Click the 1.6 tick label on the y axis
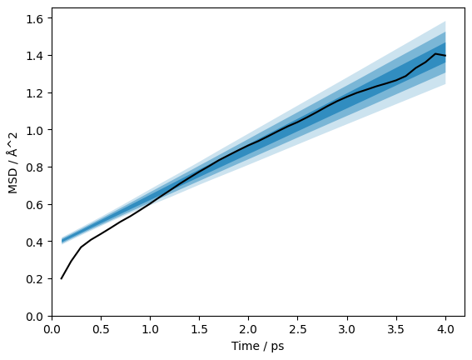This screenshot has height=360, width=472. click(34, 18)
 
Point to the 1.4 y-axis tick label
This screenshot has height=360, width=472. click(34, 56)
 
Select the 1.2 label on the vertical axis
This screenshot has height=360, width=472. click(34, 92)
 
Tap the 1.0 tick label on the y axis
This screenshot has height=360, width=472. click(34, 130)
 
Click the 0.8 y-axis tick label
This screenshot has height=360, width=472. click(34, 167)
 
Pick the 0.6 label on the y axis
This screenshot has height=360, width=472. click(34, 204)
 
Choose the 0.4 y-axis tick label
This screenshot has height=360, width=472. click(34, 242)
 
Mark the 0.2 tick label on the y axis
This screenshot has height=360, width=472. click(34, 279)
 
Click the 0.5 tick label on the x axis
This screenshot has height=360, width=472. click(102, 329)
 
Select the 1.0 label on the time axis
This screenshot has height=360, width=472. click(150, 329)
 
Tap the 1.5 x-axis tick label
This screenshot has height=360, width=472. click(199, 329)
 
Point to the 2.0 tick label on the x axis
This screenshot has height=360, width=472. click(249, 329)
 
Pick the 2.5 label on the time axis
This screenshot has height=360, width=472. click(298, 329)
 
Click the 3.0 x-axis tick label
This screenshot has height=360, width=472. click(347, 329)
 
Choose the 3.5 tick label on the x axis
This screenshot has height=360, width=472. click(396, 329)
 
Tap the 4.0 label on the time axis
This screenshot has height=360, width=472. click(445, 329)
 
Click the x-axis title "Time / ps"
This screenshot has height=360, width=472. click(258, 346)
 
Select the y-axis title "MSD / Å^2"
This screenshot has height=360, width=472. click(12, 163)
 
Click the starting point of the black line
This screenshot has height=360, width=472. click(61, 278)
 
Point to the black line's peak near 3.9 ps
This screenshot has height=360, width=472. click(435, 53)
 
